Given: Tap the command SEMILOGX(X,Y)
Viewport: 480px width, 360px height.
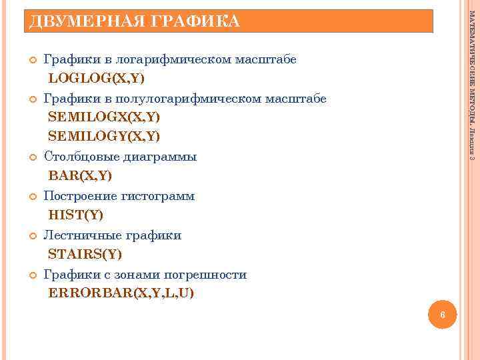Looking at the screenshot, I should point(104,118).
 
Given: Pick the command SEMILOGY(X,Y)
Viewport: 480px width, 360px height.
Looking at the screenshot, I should point(104,137).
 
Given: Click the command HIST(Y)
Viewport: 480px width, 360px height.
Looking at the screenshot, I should point(76,215).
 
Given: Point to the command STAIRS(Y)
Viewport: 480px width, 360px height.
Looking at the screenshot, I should point(85,255).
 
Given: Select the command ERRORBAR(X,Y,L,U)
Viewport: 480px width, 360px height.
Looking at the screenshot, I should point(121,293).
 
